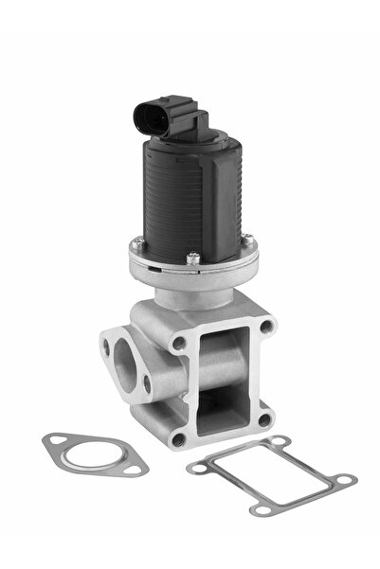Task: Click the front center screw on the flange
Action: coord(193,256)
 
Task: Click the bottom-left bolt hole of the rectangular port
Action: coord(177,438)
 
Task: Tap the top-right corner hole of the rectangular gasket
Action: coord(276,441)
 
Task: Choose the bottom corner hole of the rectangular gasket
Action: coord(259,510)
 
